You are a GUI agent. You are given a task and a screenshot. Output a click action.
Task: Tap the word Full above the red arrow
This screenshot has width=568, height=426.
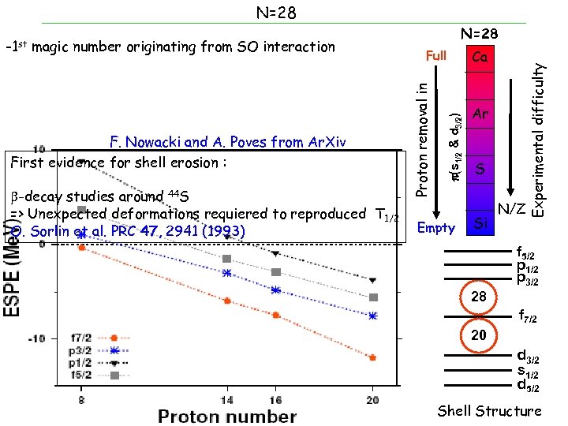click(x=436, y=57)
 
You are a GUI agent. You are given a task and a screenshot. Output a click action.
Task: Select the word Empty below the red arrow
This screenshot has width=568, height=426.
click(x=435, y=228)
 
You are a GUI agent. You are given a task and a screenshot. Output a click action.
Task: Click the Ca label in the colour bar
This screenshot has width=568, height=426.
click(x=480, y=58)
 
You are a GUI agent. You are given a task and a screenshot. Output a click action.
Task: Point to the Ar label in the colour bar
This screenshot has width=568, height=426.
click(x=480, y=114)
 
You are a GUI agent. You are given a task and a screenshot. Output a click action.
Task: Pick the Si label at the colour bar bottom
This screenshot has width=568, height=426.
click(x=480, y=224)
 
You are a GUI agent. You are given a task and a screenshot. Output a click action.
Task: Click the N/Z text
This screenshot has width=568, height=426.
click(x=512, y=208)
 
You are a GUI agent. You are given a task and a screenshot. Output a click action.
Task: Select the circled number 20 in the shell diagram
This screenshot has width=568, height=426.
click(x=478, y=334)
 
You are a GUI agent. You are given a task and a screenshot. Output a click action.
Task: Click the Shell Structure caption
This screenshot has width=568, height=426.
click(x=488, y=410)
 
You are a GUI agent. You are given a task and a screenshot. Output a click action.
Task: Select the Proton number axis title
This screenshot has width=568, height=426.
click(x=227, y=415)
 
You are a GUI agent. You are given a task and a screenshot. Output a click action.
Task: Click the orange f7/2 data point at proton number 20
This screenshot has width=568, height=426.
click(x=372, y=357)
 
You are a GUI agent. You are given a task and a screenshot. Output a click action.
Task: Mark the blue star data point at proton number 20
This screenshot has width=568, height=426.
click(x=372, y=316)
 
